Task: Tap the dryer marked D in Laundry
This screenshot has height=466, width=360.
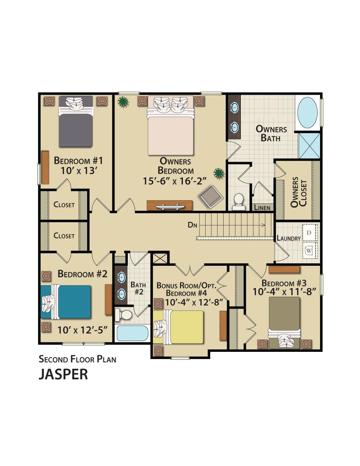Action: [x=309, y=233]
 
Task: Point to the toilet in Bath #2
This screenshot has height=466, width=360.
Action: [x=124, y=315]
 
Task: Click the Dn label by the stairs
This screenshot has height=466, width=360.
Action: [x=193, y=225]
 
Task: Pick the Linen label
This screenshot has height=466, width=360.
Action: [x=262, y=208]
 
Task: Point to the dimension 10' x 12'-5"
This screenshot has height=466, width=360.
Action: [x=82, y=329]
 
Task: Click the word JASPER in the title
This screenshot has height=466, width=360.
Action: [x=63, y=374]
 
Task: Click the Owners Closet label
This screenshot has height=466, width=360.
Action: [x=298, y=192]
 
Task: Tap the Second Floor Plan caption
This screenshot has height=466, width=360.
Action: [x=77, y=359]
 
